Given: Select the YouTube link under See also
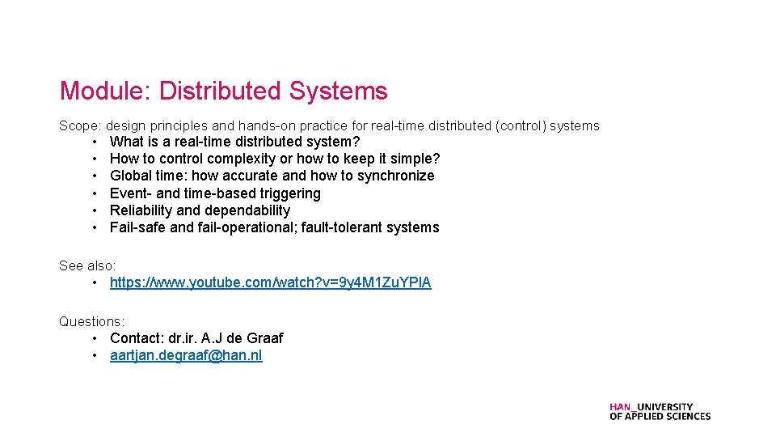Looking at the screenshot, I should [x=270, y=282].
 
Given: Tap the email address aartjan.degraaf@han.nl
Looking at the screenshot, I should [x=186, y=355].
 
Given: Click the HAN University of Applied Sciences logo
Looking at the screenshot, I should [x=660, y=412].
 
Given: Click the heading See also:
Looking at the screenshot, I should [x=87, y=265].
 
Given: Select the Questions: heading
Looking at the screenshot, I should [x=91, y=321].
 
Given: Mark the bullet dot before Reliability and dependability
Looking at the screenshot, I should [x=95, y=210].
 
